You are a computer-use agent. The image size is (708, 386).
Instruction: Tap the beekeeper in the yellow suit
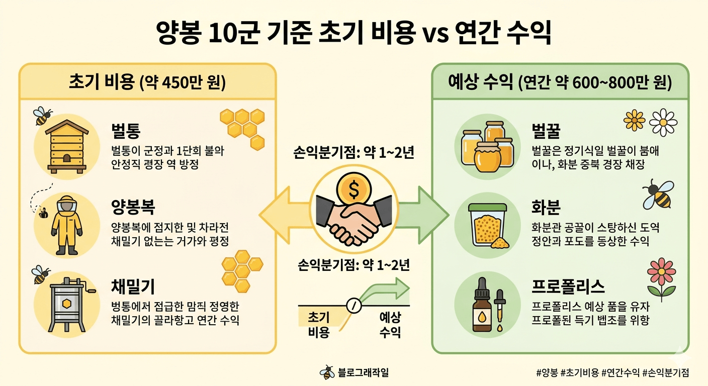point(64,225)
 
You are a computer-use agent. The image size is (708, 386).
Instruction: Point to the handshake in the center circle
point(353,220)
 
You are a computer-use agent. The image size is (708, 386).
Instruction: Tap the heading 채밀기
point(133,287)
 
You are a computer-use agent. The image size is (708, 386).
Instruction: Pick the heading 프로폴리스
point(568,287)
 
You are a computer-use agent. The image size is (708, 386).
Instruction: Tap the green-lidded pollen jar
point(487,225)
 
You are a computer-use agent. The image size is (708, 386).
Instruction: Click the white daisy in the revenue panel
point(664,122)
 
